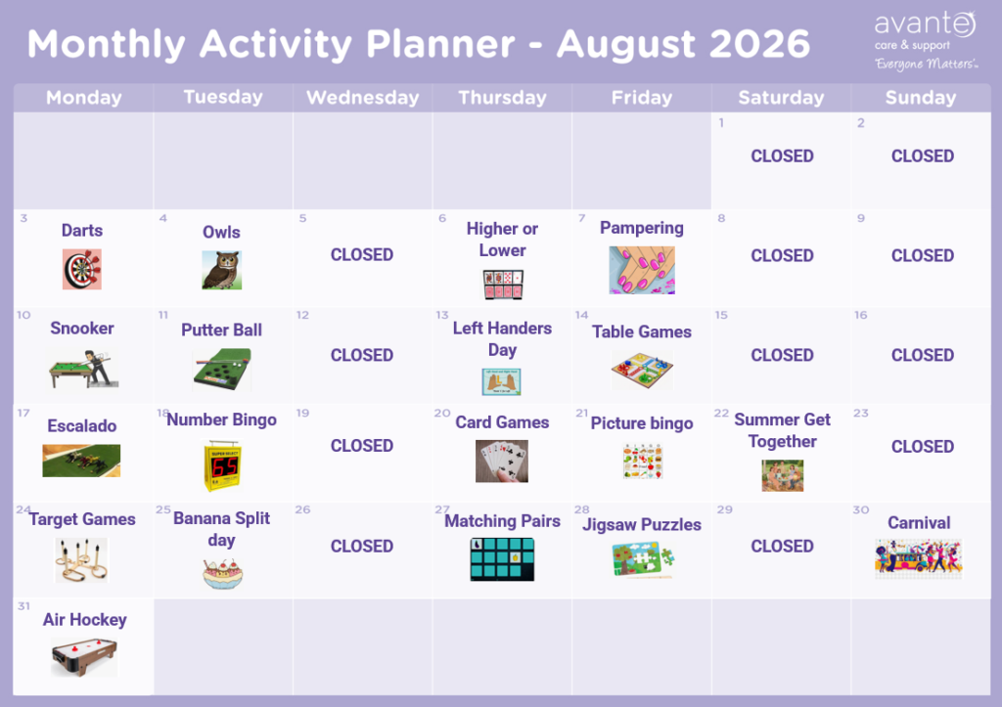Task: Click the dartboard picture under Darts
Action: (x=82, y=269)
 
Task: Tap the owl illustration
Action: (x=222, y=270)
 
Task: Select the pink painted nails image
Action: (x=642, y=270)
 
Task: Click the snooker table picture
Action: (x=83, y=370)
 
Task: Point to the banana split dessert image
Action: (x=222, y=573)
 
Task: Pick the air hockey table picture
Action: (x=84, y=657)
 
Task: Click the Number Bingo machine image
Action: (x=222, y=465)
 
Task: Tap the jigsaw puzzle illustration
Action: (x=643, y=560)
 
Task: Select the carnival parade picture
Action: (x=918, y=558)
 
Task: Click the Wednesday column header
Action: (x=362, y=97)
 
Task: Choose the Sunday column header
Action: (x=920, y=97)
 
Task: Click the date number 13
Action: (x=442, y=315)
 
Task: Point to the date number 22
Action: (x=721, y=414)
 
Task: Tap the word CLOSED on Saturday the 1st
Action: (x=782, y=155)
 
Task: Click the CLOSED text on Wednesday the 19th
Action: (x=362, y=446)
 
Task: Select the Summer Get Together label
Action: (x=782, y=430)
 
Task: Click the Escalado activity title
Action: (x=82, y=426)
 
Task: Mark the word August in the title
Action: (x=625, y=45)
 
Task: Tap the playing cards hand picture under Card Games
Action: (x=502, y=462)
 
